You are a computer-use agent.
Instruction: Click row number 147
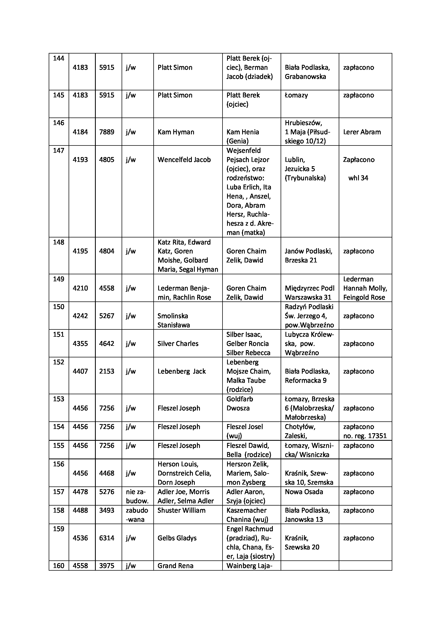pyautogui.click(x=58, y=150)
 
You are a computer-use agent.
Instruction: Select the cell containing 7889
pyautogui.click(x=107, y=132)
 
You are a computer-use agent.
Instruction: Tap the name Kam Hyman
pyautogui.click(x=176, y=132)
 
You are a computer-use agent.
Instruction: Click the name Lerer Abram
pyautogui.click(x=362, y=132)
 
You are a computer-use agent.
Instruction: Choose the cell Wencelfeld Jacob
pyautogui.click(x=184, y=160)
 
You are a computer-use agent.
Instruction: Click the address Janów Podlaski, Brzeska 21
pyautogui.click(x=308, y=255)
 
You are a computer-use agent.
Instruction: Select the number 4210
pyautogui.click(x=80, y=288)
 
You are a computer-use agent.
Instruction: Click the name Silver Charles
pyautogui.click(x=178, y=343)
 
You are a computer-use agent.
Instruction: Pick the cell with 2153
pyautogui.click(x=107, y=371)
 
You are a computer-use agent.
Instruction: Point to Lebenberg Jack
pyautogui.click(x=181, y=371)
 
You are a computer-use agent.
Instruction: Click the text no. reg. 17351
pyautogui.click(x=365, y=436)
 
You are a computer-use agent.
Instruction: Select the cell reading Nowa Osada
pyautogui.click(x=304, y=492)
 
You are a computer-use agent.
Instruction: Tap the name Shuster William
pyautogui.click(x=181, y=510)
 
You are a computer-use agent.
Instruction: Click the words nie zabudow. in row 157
pyautogui.click(x=137, y=496)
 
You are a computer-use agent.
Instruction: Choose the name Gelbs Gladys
pyautogui.click(x=177, y=538)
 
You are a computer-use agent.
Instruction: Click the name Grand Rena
pyautogui.click(x=175, y=566)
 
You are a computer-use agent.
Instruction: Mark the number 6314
pyautogui.click(x=107, y=538)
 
